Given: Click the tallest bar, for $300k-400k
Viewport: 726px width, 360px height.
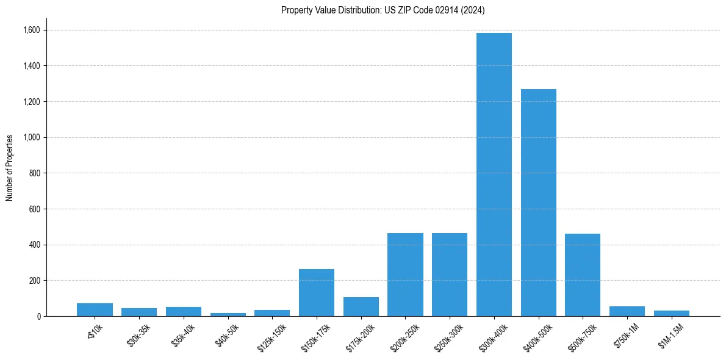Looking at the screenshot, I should [x=494, y=175].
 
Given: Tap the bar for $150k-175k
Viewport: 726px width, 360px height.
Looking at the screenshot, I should [x=316, y=293].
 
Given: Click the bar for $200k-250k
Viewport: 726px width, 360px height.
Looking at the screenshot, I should [x=405, y=275].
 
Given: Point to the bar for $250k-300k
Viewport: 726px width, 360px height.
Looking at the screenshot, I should [x=450, y=275].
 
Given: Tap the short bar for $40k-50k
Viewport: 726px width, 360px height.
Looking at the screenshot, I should [x=228, y=314].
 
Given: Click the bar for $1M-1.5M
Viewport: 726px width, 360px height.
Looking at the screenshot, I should [x=671, y=313].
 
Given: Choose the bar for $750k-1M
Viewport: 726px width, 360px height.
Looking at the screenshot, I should [x=627, y=311].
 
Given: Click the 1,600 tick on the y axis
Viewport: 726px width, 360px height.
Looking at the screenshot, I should [x=32, y=30].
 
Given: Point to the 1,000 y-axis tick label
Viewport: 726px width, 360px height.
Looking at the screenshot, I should [x=32, y=137].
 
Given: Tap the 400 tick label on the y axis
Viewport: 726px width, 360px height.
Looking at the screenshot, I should [x=35, y=245].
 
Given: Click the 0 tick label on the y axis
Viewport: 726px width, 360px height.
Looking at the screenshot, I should [x=38, y=316].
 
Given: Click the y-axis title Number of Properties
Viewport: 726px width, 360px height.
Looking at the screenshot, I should [x=10, y=167].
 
